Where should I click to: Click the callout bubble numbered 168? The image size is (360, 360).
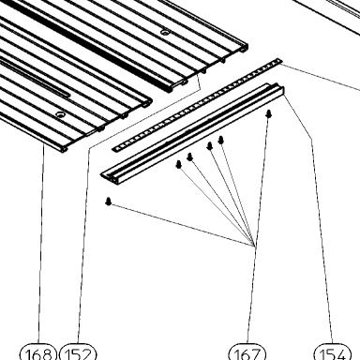pos(38,352)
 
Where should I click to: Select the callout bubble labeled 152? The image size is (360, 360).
pos(78,352)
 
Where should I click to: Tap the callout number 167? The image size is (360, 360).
pos(247,352)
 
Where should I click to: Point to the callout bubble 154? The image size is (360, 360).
pos(332,352)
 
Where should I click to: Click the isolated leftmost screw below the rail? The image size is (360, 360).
pos(109,201)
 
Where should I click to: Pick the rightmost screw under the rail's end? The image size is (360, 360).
pos(269,113)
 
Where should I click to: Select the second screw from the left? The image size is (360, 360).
pos(179,164)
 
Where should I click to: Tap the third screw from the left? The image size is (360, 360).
pos(189,157)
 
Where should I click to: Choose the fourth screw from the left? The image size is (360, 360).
pos(210,146)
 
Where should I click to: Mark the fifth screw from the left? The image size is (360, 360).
pos(221,141)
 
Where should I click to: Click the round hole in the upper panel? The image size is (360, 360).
pos(164,32)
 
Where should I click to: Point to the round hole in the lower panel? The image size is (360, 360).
pos(60,114)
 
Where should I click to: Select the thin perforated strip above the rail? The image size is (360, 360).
pos(197,105)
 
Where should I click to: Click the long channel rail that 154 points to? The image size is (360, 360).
pos(193,134)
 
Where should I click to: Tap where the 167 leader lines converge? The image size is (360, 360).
pos(255,246)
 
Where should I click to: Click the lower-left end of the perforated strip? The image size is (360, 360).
pos(114,149)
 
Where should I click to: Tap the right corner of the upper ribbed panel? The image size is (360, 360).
pos(247,46)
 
